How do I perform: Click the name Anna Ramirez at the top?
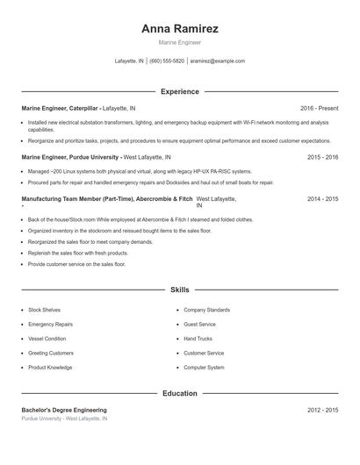[179, 28]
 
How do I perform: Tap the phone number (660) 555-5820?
[167, 61]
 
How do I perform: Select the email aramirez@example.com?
[217, 61]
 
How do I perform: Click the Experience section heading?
[179, 91]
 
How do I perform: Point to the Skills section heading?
[179, 289]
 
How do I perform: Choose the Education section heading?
[179, 393]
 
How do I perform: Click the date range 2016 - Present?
[319, 108]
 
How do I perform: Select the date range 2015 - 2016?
[322, 156]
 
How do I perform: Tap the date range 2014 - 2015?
[322, 199]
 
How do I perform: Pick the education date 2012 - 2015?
[322, 410]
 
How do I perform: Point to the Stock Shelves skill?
[44, 310]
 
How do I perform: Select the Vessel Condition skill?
[47, 339]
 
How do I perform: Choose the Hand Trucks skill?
[198, 339]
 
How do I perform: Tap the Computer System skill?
[204, 367]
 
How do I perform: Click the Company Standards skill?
[206, 310]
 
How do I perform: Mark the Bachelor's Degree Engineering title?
[64, 410]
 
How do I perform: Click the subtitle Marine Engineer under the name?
[179, 42]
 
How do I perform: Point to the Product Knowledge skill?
[50, 367]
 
